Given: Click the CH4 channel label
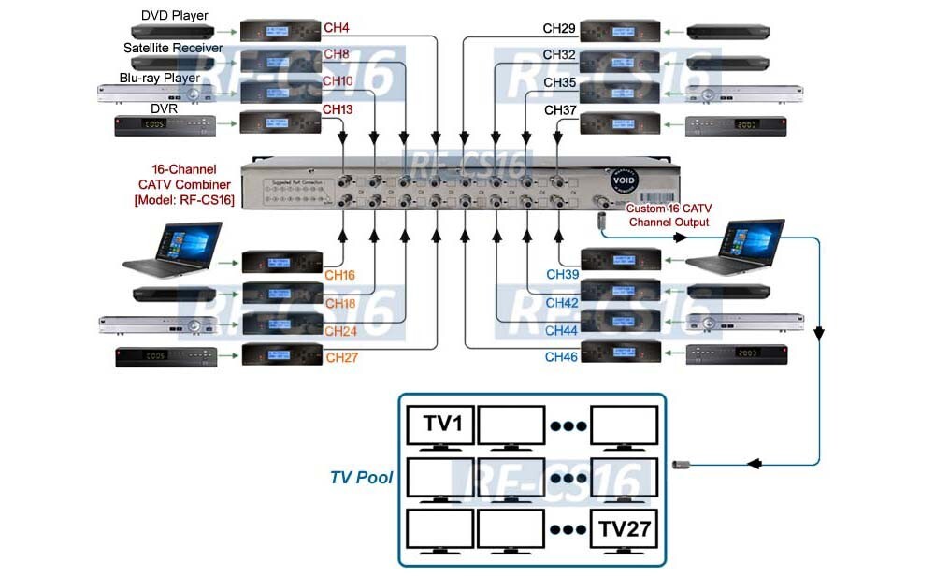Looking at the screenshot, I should [x=337, y=29].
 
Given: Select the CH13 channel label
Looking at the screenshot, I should [x=338, y=110].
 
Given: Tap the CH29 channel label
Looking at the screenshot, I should [x=559, y=29].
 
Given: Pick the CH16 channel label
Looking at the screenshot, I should [x=340, y=276].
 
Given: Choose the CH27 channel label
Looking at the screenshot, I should [x=341, y=357].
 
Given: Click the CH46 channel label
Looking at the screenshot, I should [x=562, y=357].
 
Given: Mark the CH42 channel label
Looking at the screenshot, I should [x=562, y=303].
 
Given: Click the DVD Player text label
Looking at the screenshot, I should [x=175, y=16].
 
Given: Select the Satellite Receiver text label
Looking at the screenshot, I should [x=173, y=48].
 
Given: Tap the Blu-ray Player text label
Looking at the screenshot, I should [x=160, y=79].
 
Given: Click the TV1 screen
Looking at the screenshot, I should [x=440, y=425].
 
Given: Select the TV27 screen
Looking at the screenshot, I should [x=625, y=530].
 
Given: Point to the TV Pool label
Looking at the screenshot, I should [x=361, y=478].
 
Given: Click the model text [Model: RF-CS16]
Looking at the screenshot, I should [x=183, y=200].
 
